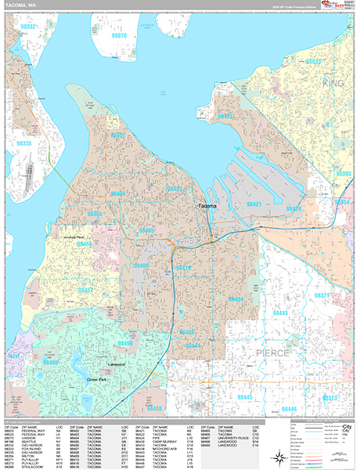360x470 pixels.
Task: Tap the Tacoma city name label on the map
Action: point(207,206)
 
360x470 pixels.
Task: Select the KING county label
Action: point(333,81)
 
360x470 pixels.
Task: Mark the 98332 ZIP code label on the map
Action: point(28,27)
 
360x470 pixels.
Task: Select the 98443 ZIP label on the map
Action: point(279,313)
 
